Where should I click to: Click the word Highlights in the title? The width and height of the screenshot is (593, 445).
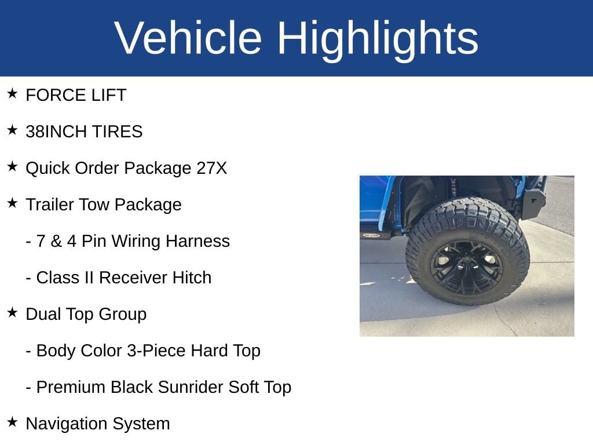[x=378, y=39]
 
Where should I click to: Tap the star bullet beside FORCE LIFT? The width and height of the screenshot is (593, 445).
[x=12, y=93]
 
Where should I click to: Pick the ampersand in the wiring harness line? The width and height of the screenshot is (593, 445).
[x=56, y=241]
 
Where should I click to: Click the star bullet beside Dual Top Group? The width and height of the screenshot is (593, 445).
[x=12, y=312]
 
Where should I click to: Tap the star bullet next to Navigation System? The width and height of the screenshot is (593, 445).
[x=12, y=422]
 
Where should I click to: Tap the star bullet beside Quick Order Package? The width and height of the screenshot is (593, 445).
[x=12, y=166]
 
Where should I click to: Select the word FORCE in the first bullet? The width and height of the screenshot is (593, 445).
[x=49, y=95]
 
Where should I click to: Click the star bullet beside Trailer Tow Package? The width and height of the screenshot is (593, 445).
[x=12, y=203]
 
